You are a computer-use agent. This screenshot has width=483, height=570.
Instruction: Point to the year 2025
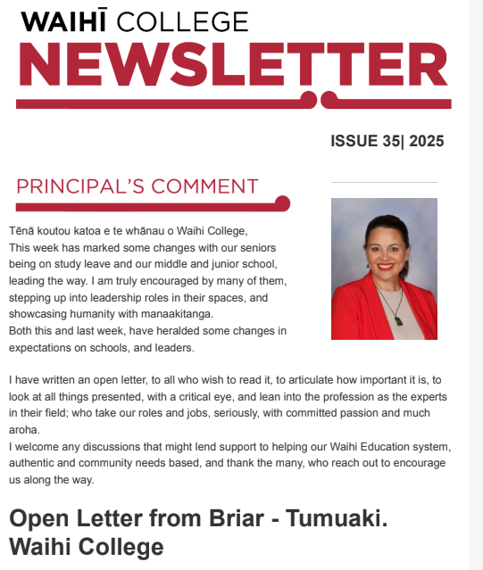pyautogui.click(x=424, y=141)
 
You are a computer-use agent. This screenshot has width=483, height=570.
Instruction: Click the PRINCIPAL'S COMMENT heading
pyautogui.click(x=137, y=186)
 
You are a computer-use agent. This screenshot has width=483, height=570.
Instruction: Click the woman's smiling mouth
pyautogui.click(x=385, y=266)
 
